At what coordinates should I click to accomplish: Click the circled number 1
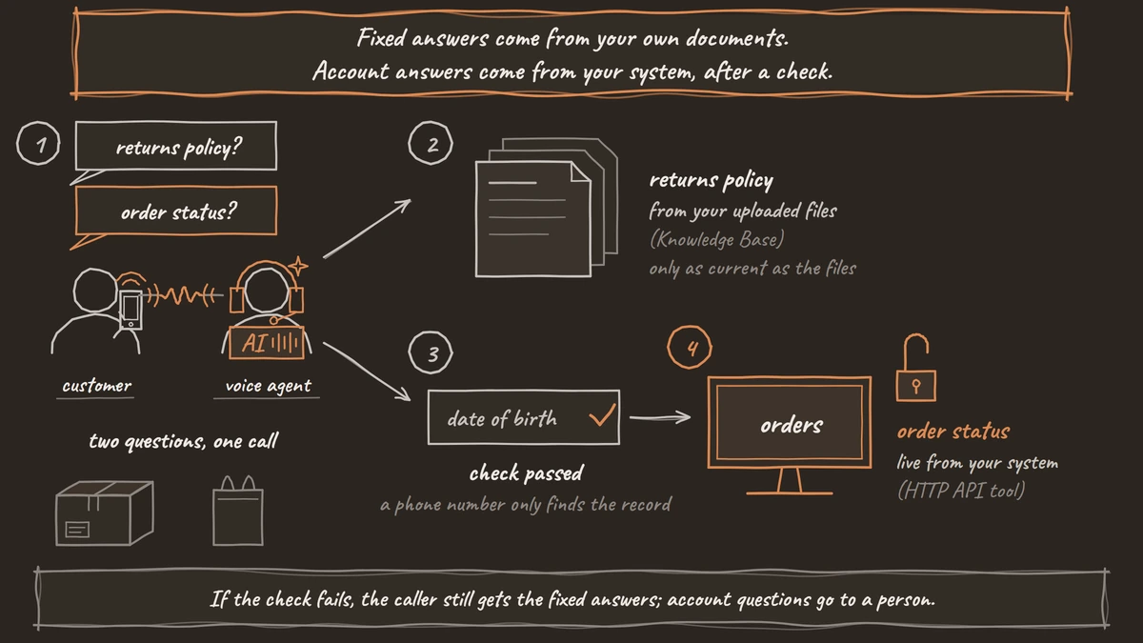(38, 144)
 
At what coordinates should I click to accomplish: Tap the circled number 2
(431, 143)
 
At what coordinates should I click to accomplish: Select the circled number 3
(431, 352)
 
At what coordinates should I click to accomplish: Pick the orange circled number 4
(690, 348)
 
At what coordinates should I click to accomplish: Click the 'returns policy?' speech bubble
(176, 147)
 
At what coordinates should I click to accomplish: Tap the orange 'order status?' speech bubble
(176, 211)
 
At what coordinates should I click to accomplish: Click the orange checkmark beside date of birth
(603, 415)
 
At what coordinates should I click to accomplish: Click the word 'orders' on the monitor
(792, 425)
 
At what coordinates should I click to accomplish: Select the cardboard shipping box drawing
(105, 512)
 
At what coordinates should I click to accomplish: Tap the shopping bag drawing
(238, 512)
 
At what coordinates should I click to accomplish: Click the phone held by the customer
(130, 310)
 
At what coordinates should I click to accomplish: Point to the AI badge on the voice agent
(267, 342)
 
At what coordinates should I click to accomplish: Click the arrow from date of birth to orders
(660, 417)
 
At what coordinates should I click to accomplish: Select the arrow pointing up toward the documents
(367, 229)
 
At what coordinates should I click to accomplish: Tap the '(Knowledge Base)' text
(717, 239)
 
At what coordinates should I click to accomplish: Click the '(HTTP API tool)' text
(961, 491)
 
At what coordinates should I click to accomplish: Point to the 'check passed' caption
(526, 473)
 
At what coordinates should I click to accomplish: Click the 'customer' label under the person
(96, 386)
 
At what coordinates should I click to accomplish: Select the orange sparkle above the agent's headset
(298, 266)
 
